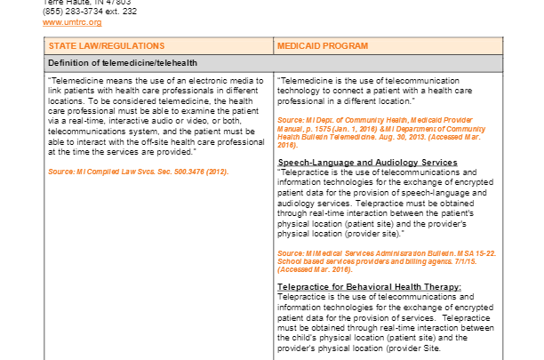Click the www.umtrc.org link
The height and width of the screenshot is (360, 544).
72,22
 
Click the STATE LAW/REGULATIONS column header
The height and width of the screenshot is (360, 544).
107,44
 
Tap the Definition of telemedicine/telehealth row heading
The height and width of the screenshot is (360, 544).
124,63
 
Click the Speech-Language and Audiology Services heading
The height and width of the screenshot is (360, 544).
367,163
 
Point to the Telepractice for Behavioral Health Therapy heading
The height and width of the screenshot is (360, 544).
370,286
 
